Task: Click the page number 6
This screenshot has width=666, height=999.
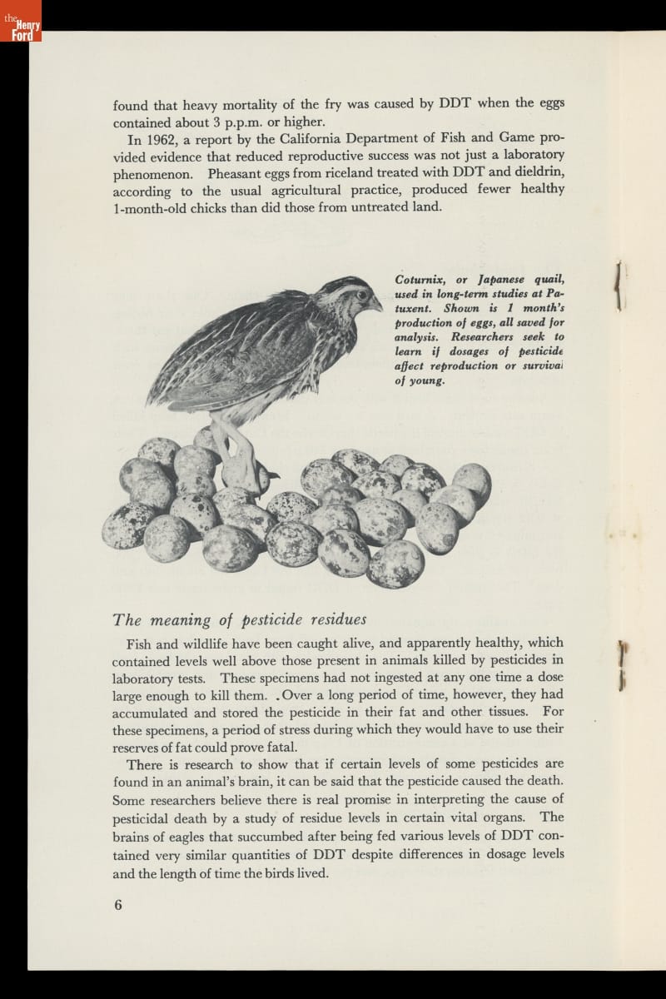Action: click(x=117, y=905)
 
